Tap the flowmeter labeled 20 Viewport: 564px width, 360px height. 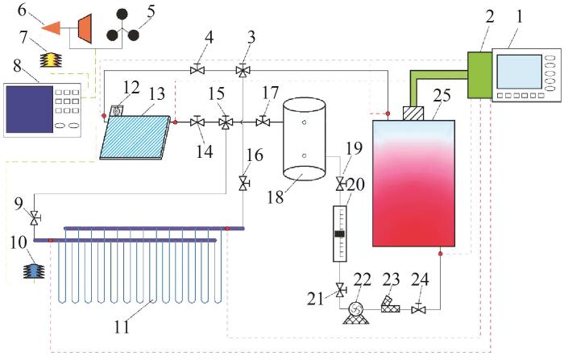340,234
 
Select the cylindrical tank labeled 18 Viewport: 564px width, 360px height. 305,139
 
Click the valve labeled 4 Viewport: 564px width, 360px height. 197,69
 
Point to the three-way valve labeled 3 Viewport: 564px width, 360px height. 243,71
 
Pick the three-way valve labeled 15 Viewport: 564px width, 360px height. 226,122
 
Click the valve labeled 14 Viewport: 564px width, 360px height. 197,122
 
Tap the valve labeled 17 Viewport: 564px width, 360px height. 263,122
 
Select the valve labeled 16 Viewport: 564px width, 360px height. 244,184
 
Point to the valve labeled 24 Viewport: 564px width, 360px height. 418,308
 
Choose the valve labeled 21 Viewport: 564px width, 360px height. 340,290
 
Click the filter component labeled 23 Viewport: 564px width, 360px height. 390,304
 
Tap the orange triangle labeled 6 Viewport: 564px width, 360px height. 52,28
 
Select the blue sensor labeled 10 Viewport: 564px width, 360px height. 34,271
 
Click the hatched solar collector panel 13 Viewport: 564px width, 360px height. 135,138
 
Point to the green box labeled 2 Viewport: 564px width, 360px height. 479,75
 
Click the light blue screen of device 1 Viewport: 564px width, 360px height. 519,72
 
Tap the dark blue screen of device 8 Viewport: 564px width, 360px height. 30,110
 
